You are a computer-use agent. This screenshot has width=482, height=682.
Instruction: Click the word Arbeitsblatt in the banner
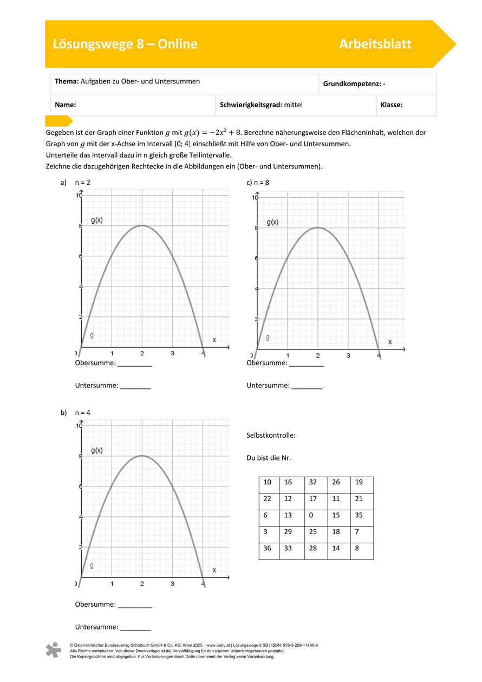pos(375,44)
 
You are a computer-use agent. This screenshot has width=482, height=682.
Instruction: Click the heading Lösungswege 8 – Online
pos(125,44)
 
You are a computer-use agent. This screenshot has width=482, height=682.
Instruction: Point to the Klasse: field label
pos(392,105)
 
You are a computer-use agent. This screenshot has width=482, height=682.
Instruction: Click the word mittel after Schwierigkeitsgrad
pos(293,105)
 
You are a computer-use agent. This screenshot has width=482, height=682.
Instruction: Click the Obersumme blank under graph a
pos(135,364)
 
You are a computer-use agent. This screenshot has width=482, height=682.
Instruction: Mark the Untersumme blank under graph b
pos(135,627)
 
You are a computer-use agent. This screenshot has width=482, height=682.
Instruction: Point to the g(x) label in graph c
pos(272,222)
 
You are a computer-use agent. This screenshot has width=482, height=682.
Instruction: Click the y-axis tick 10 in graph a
pos(79,195)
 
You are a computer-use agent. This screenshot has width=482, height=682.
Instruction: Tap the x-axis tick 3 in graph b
pos(172,583)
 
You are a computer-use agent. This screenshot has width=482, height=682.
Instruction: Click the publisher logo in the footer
pos(53,650)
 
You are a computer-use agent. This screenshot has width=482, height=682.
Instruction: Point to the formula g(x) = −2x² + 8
pos(213,132)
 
